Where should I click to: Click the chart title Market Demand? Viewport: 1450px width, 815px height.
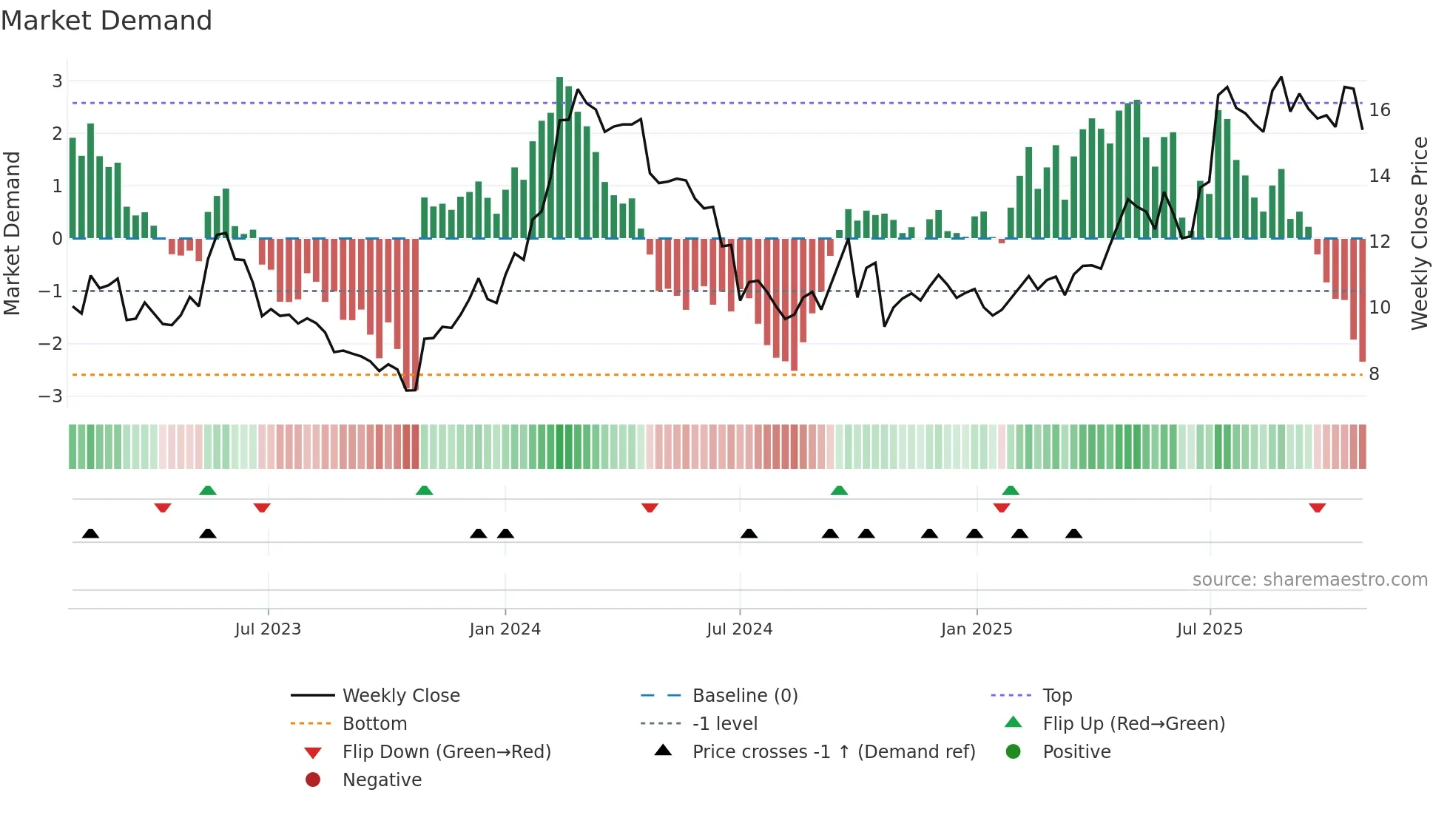[x=107, y=21]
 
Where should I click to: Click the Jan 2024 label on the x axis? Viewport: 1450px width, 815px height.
[x=505, y=629]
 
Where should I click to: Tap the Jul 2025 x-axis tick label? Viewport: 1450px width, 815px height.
[x=1210, y=629]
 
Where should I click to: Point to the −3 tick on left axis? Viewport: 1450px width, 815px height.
[x=51, y=396]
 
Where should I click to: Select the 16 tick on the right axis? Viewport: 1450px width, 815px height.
[x=1380, y=110]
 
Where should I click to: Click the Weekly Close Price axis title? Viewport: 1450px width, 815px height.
[x=1419, y=233]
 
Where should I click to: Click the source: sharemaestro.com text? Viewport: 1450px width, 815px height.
[x=1309, y=580]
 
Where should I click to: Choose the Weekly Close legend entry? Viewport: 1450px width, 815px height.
[x=400, y=696]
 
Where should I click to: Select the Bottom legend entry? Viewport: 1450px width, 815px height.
[x=374, y=724]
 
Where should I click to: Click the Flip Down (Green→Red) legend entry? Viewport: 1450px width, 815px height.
[x=446, y=752]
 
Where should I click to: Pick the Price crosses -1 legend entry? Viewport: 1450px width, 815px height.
[x=833, y=752]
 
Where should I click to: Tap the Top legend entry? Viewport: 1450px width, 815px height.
[x=1056, y=696]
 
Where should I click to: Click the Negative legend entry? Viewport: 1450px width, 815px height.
[x=382, y=780]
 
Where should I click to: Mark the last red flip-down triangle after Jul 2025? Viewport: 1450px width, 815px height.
[x=1317, y=507]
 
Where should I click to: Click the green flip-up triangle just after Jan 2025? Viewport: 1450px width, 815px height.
[x=1011, y=490]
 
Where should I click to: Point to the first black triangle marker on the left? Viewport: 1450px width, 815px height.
[x=90, y=533]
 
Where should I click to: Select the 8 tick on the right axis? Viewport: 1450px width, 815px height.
[x=1374, y=374]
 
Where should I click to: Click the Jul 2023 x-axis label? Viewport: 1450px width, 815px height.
[x=268, y=629]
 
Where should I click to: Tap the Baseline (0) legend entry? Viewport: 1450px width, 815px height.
[x=744, y=696]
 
